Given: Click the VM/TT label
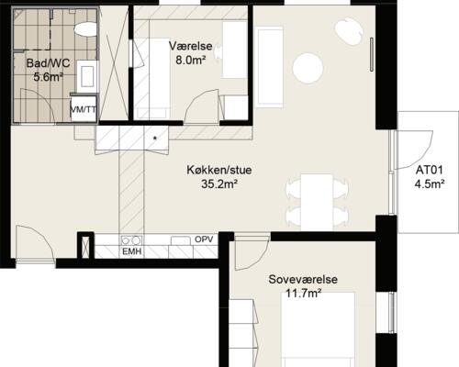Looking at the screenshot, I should (84, 109).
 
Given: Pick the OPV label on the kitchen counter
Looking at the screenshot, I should (204, 239).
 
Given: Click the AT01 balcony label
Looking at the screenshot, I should (430, 170).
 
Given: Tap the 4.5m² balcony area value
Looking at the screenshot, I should (430, 184).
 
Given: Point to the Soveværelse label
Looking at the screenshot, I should (301, 279).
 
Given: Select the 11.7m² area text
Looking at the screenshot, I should (301, 294).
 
